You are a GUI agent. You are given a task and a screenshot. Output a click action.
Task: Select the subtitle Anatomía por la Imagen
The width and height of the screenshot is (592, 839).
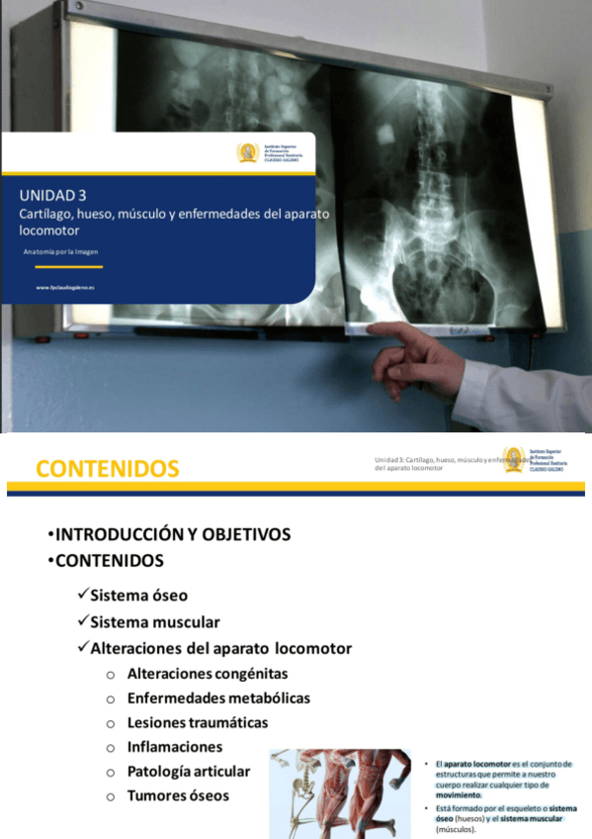pos(61,251)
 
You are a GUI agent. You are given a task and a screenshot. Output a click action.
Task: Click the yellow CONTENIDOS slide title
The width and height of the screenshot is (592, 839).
pos(108,468)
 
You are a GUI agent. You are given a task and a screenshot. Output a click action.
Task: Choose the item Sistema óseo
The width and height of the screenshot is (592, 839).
pos(138,596)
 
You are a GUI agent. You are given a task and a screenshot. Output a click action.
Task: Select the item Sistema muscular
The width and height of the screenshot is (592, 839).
pos(154,622)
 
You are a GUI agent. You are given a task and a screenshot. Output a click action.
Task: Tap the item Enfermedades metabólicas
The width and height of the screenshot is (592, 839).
pos(218,698)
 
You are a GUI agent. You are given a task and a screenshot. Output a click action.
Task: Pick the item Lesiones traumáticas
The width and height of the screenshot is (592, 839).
pos(198,722)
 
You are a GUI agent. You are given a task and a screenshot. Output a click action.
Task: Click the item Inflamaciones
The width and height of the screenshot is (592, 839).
pos(175,747)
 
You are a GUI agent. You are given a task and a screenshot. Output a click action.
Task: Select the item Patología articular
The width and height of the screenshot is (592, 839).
pos(189,771)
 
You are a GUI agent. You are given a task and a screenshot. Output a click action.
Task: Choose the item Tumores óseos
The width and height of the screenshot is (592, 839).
pos(178,795)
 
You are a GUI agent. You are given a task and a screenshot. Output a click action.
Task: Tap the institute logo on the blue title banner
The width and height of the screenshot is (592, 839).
pos(247,153)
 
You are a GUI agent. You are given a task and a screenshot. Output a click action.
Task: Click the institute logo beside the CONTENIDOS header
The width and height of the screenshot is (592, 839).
pos(513,459)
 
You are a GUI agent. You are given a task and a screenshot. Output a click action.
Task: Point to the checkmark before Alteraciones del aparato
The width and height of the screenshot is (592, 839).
pos(82,649)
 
